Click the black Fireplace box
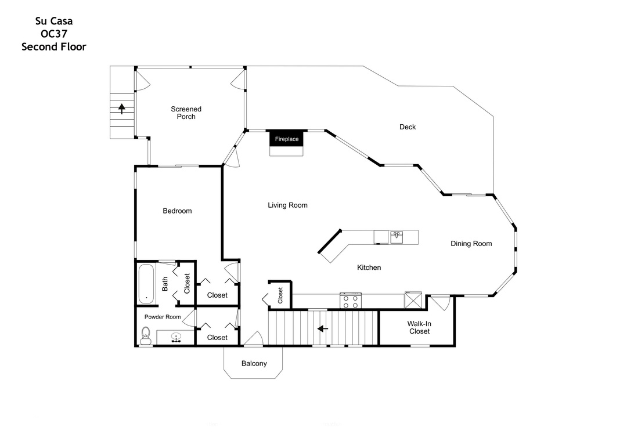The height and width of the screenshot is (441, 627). [287, 139]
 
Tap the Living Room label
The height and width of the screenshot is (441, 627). [287, 205]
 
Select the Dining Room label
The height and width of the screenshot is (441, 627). [471, 244]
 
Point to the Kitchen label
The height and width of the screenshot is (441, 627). [369, 268]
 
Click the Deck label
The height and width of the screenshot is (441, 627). [408, 126]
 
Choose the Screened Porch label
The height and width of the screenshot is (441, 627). [186, 113]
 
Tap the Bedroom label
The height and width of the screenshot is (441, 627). [177, 211]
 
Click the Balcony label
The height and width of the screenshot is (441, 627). [254, 363]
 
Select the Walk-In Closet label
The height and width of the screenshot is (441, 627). [419, 327]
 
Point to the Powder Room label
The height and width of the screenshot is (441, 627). [163, 317]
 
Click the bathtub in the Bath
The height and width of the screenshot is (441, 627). [146, 284]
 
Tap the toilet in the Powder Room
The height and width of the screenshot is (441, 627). [146, 335]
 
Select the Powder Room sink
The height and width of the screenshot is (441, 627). [175, 338]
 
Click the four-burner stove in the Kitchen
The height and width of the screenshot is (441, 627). [351, 301]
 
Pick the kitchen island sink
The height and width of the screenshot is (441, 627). [397, 237]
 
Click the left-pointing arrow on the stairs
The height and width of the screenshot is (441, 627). [323, 328]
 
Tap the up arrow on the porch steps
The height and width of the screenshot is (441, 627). [121, 109]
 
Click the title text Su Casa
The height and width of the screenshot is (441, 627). [54, 21]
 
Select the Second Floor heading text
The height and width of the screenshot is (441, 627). [54, 47]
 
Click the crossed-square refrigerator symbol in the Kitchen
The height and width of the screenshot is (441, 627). [413, 300]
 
